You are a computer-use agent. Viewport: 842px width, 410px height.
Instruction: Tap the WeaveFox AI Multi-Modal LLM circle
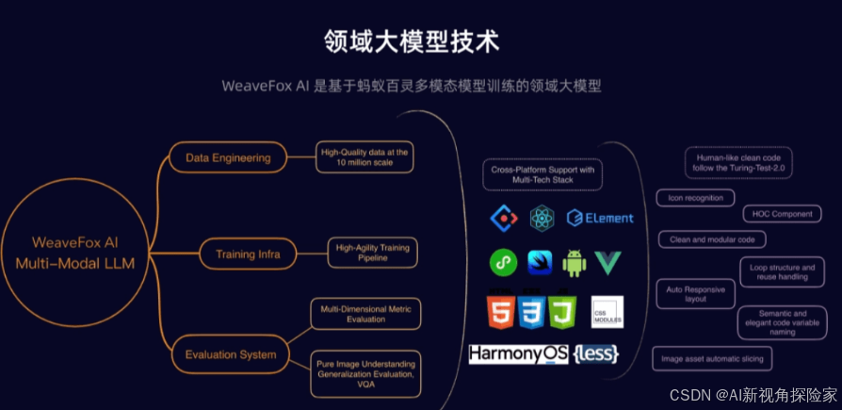74,253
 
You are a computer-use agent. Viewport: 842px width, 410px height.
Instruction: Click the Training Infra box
248,253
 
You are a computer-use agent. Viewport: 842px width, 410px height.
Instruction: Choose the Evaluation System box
231,354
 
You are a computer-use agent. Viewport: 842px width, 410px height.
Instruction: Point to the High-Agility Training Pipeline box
372,253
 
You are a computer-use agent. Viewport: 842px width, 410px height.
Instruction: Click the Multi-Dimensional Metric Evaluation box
365,313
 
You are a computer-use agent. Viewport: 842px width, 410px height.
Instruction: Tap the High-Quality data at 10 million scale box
365,156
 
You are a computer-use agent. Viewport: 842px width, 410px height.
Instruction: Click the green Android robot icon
574,263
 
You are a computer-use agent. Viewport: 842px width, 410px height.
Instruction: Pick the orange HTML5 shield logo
501,312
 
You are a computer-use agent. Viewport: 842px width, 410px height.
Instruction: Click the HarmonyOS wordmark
517,354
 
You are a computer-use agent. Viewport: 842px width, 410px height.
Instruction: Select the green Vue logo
608,263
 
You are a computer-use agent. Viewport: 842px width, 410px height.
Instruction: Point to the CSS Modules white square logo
607,312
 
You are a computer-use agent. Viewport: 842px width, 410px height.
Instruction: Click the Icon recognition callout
696,198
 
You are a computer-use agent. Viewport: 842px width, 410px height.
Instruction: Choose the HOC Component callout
782,214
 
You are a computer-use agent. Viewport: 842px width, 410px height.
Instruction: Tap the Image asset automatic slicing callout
712,358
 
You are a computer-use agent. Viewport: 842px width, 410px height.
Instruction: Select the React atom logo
543,219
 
